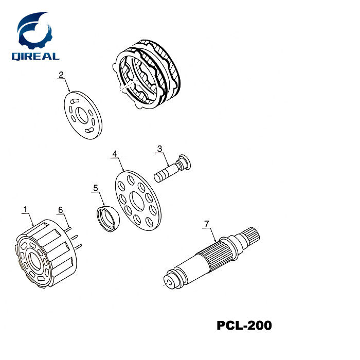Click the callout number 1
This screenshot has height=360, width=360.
(25, 209)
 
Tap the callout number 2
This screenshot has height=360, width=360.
(61, 75)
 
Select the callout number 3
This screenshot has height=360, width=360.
(160, 149)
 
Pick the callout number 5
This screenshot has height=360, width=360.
(95, 189)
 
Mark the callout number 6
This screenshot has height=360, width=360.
(60, 210)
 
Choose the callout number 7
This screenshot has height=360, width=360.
(206, 224)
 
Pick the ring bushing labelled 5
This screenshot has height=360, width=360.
(109, 218)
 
